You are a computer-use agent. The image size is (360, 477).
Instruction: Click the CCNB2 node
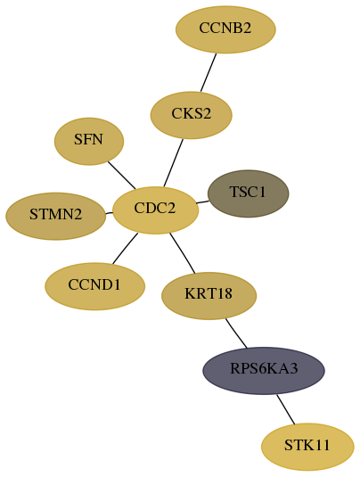pos(225,29)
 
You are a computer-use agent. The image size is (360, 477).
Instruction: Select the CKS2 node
pos(192,115)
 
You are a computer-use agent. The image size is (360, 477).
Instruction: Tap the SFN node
pos(89,142)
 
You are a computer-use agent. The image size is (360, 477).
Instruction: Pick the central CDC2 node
pos(155,210)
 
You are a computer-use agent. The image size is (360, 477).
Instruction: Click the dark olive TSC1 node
pos(248,193)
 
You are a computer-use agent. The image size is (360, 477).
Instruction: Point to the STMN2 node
pos(56,217)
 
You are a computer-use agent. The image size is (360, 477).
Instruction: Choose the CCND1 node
pos(94,286)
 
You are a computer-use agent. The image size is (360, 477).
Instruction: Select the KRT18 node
pos(209,296)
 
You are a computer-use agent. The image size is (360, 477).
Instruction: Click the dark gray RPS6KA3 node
pos(264,371)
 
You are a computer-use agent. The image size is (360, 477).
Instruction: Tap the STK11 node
pos(307,447)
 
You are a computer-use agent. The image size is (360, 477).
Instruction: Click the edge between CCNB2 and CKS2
pos(209,72)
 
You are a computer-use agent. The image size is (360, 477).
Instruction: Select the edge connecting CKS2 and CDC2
pos(173,163)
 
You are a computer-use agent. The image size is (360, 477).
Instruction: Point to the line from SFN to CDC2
pos(121,175)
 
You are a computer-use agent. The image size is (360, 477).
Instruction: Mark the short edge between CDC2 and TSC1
pos(203,202)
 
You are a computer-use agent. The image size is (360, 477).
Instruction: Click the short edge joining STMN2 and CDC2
pos(109,213)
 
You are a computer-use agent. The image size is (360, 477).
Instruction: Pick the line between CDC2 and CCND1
pos(125,248)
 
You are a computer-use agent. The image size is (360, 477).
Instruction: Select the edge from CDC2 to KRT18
pos(182,253)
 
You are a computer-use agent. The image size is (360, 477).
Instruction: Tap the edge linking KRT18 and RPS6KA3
pos(236,333)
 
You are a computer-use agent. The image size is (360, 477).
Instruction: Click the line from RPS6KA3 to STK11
pos(285,409)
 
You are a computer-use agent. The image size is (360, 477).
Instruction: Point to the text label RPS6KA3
pos(264,368)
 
